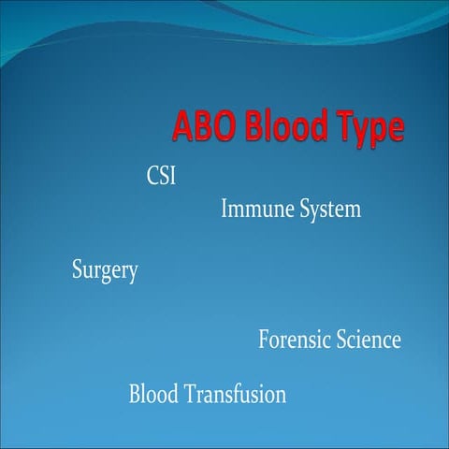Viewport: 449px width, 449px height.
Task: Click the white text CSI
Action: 162,176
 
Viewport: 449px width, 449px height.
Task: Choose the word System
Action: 327,210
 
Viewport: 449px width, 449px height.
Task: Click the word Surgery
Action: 105,272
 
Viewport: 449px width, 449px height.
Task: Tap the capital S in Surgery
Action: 78,271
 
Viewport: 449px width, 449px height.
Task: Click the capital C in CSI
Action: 153,176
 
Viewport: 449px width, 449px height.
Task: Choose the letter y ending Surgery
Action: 133,275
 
